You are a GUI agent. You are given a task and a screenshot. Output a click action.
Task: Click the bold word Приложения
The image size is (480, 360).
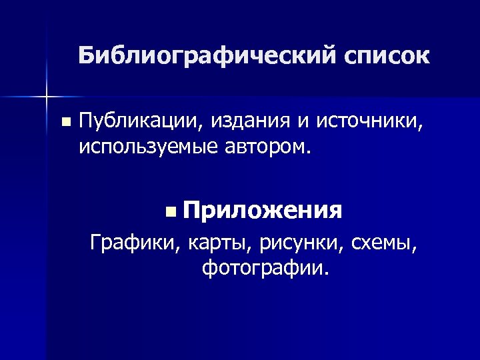pos(264,212)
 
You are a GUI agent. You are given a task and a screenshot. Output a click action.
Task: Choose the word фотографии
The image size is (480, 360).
pos(262,269)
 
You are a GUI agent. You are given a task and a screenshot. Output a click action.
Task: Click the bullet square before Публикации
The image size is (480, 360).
pos(64,123)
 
